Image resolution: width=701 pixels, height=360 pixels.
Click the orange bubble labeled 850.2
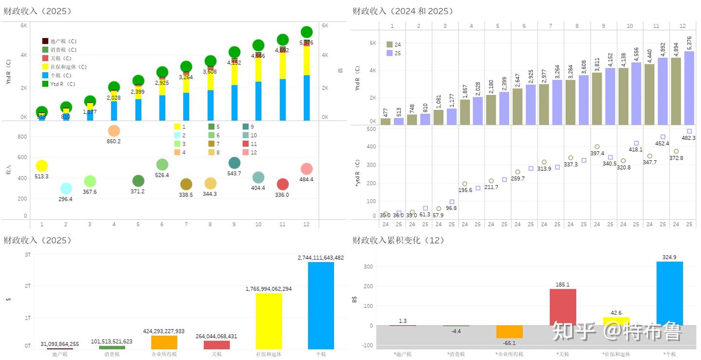[x=114, y=131]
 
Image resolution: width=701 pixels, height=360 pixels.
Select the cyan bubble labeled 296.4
[x=66, y=189]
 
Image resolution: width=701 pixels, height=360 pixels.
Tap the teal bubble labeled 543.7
[x=234, y=163]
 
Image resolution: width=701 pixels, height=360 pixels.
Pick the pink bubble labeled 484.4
[x=306, y=169]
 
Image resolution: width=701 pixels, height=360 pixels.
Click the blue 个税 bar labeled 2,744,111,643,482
[x=321, y=305]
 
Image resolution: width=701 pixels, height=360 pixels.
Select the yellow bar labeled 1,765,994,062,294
[x=269, y=321]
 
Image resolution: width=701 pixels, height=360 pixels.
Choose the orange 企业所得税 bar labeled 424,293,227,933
[x=164, y=342]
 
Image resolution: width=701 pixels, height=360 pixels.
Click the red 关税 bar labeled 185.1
[x=563, y=307]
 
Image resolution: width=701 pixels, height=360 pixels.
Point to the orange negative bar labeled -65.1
[x=509, y=332]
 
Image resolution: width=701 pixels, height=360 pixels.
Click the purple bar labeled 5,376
[x=689, y=88]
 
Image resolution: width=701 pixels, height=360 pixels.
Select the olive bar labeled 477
[x=386, y=121]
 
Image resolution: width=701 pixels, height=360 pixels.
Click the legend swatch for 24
[x=390, y=44]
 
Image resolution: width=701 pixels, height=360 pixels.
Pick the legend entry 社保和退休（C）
[x=45, y=67]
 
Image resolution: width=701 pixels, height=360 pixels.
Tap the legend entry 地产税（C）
[x=45, y=41]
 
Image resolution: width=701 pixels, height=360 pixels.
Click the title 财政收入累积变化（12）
[x=399, y=240]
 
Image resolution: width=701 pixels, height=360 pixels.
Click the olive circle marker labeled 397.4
[x=597, y=147]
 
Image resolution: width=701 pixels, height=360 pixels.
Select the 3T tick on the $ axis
[x=27, y=255]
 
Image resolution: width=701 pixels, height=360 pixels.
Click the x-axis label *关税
[x=563, y=354]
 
